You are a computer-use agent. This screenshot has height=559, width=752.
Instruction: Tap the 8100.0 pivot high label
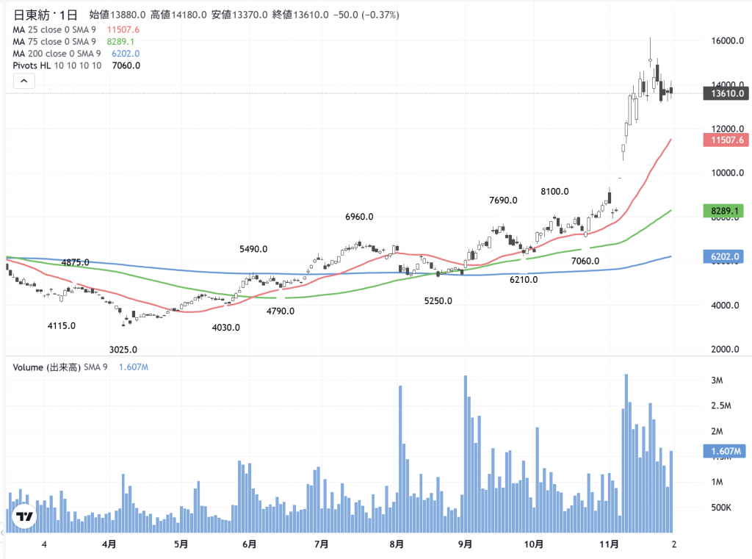[x=554, y=192]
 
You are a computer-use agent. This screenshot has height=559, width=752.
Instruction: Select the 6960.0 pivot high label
[x=360, y=217]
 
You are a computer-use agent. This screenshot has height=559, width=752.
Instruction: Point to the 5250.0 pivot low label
[x=438, y=301]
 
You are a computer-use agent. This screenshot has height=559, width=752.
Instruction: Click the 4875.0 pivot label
[x=76, y=262]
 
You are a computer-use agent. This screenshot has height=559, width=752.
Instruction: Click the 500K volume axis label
[x=722, y=508]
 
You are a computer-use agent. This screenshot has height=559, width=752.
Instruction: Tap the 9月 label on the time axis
[x=465, y=544]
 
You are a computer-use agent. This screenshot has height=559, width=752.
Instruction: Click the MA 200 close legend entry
[x=57, y=54]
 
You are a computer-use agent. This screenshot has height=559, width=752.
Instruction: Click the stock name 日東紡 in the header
[x=35, y=15]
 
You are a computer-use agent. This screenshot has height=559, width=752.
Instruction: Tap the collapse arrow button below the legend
[x=24, y=82]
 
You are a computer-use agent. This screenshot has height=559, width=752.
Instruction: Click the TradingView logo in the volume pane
[x=24, y=516]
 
